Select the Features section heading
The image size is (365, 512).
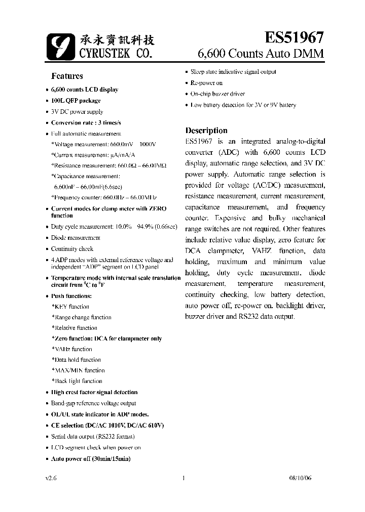[67, 76]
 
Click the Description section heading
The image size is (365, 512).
[206, 130]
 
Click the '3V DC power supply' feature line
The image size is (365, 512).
[77, 112]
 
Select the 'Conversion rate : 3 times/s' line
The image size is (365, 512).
[86, 123]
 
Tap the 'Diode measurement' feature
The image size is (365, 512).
[76, 238]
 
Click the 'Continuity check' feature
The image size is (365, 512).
[72, 249]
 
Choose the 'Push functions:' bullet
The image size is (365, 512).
[71, 296]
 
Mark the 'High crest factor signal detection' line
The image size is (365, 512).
[94, 392]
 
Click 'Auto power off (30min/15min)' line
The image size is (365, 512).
[90, 458]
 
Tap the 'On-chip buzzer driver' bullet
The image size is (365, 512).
[217, 94]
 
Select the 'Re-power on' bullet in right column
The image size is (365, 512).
[206, 82]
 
